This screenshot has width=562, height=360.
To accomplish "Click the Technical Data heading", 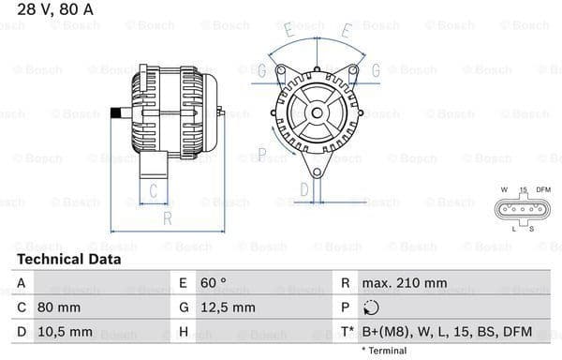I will tap(68, 259).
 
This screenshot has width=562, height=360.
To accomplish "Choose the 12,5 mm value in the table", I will tap(229, 307).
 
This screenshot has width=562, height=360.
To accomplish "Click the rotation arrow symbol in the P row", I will tap(372, 307).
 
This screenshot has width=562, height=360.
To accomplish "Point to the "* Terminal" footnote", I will tap(383, 351).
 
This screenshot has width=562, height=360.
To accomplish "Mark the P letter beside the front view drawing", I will tap(262, 152).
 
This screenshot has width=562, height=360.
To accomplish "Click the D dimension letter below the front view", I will tap(304, 190).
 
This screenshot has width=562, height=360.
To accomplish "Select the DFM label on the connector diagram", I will tap(542, 190).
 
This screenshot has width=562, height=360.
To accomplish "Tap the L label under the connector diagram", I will tap(514, 228).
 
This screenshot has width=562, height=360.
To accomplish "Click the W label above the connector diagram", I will tap(503, 190).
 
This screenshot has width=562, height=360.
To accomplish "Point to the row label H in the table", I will tap(183, 331).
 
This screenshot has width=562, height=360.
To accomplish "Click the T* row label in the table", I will tap(348, 331).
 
